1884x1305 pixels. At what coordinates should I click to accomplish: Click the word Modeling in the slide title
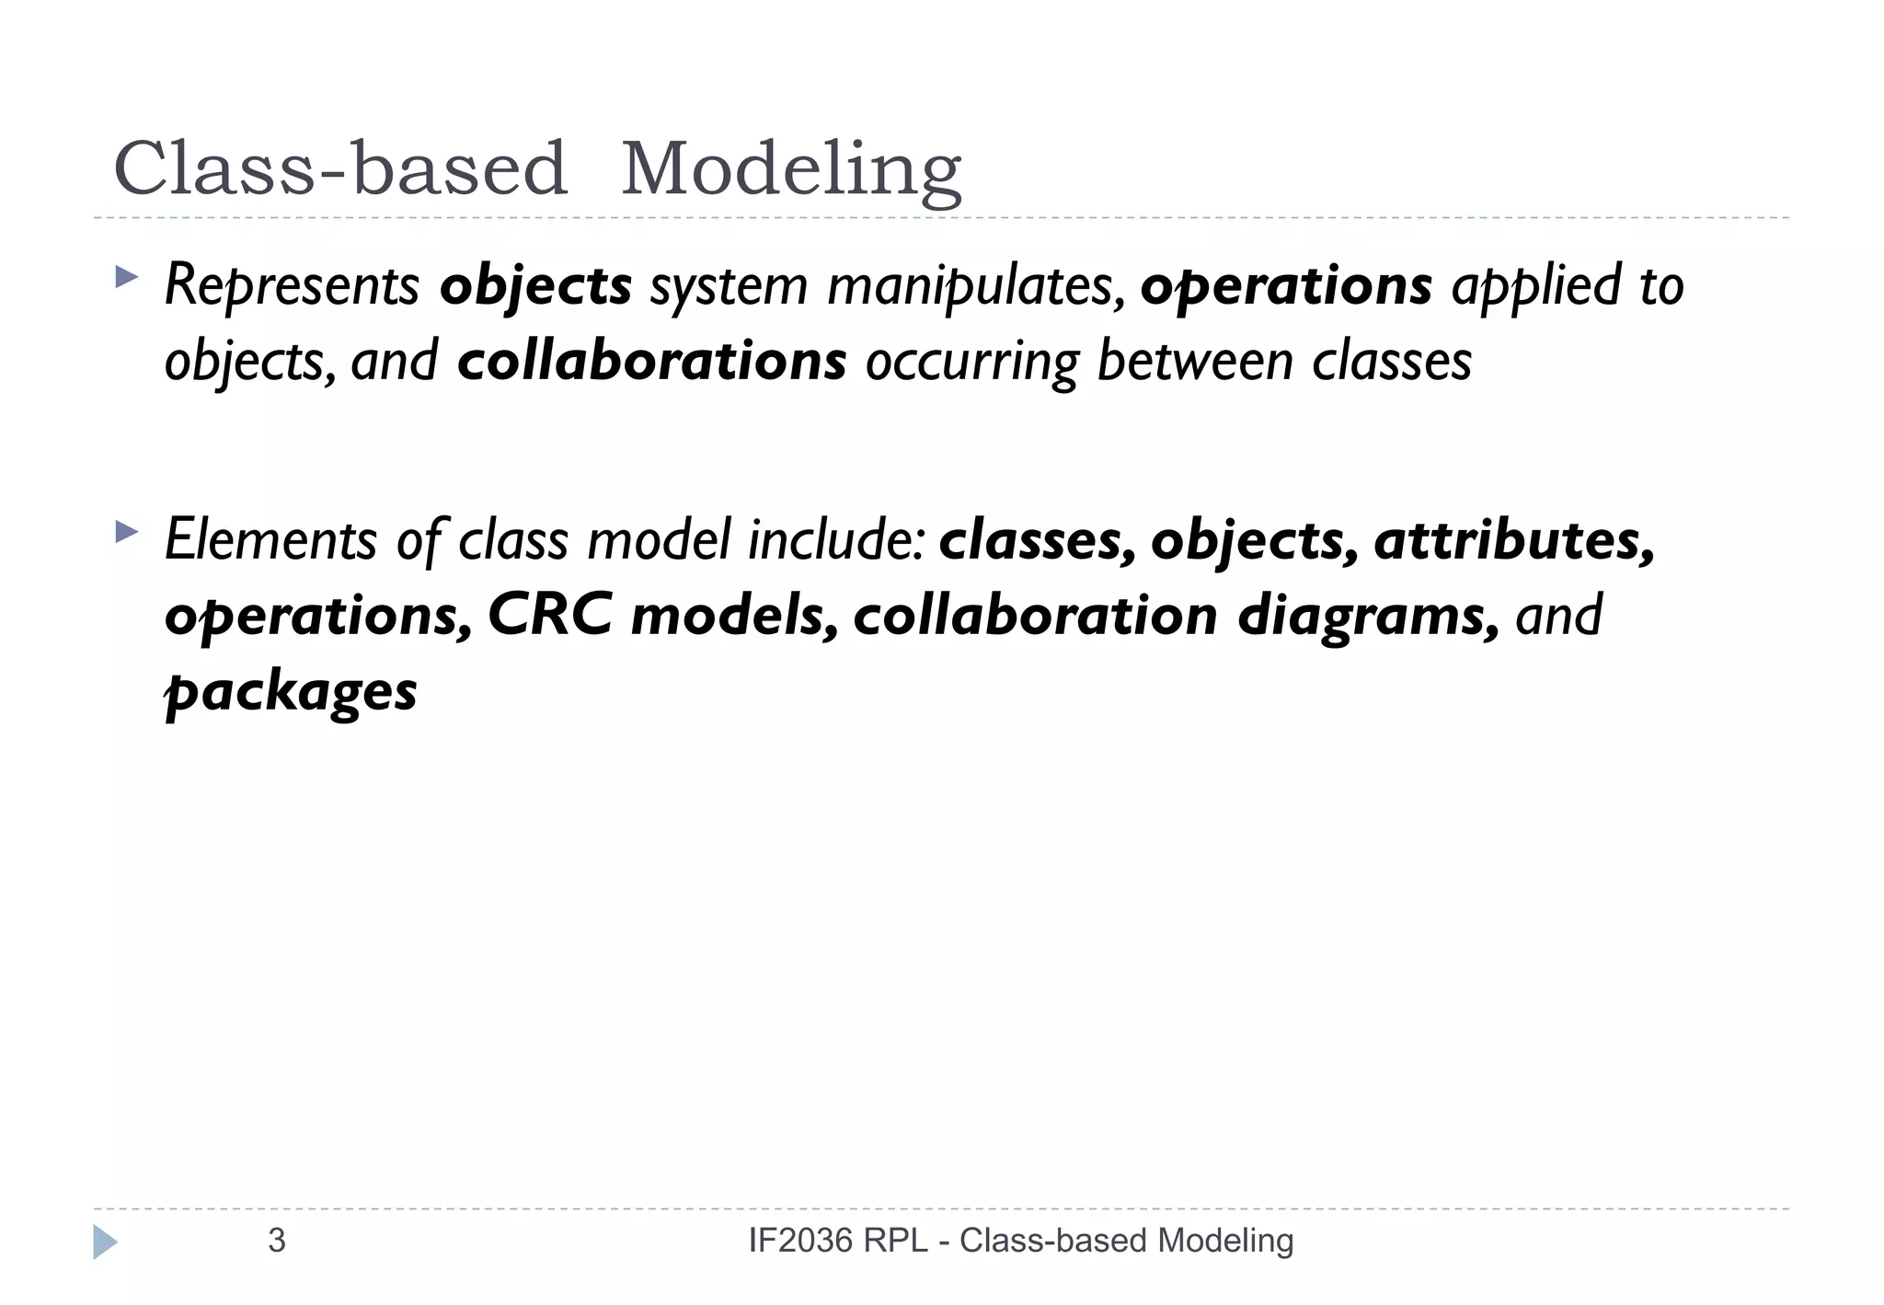791,170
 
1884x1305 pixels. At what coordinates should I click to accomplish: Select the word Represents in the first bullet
292,285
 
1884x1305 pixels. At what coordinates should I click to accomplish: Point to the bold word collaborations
651,360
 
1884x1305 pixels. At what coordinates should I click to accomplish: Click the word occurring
971,362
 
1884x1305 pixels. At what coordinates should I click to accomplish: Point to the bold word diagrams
1368,617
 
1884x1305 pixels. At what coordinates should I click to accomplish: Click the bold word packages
291,692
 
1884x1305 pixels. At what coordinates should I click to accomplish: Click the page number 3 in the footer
276,1241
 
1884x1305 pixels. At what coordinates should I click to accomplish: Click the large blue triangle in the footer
105,1241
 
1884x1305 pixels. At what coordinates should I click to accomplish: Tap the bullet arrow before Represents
126,277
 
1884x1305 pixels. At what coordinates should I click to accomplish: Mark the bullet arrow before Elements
126,531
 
